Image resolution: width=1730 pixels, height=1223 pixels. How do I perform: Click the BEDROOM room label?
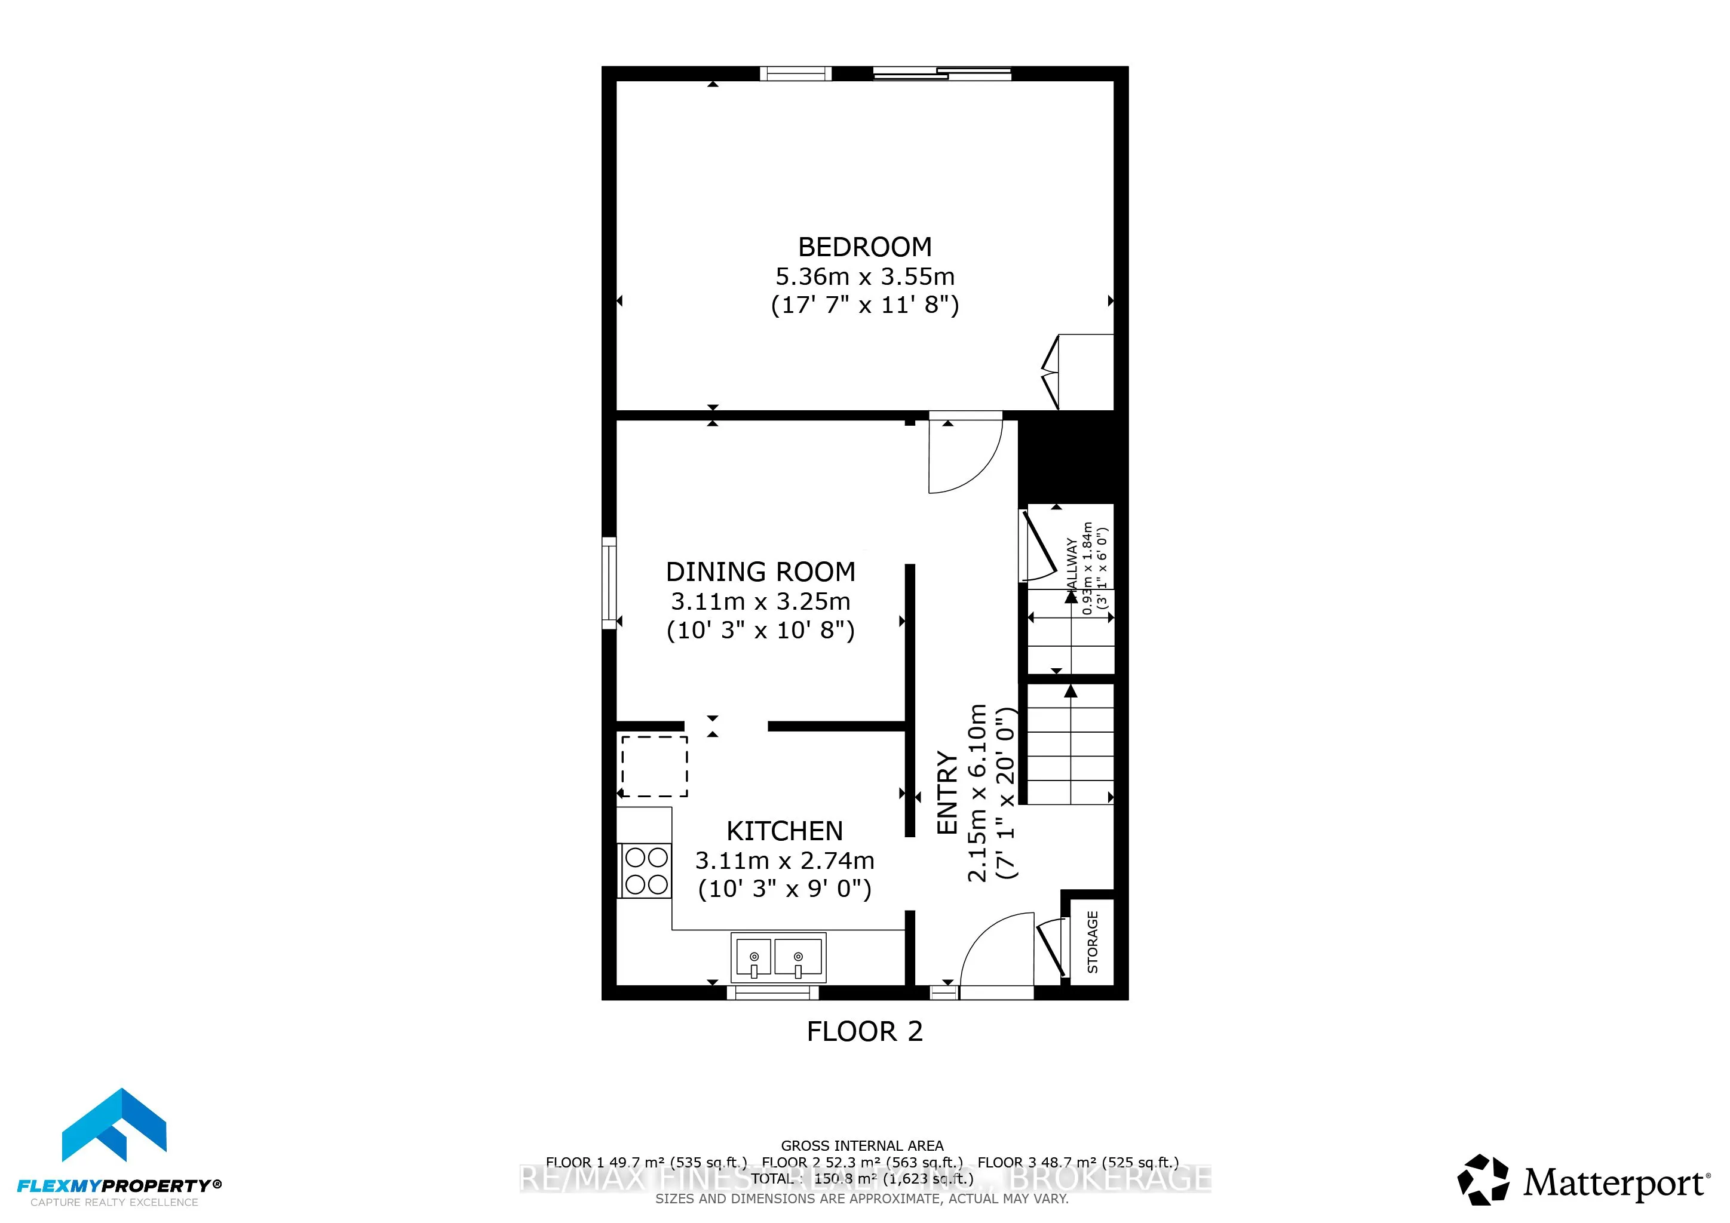(864, 247)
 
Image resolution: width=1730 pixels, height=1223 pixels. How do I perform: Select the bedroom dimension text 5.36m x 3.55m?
(864, 277)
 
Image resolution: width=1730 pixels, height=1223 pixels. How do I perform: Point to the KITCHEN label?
(784, 831)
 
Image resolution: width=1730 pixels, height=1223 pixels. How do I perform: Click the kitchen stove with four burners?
(646, 871)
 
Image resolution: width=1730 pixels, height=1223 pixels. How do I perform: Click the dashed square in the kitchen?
(654, 766)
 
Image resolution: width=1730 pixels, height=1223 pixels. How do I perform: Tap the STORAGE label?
(1093, 941)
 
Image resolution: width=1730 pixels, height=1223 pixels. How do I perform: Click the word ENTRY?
(946, 792)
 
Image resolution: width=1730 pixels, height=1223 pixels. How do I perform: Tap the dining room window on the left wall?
(609, 583)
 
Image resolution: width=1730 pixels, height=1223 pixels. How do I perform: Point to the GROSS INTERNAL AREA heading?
(862, 1145)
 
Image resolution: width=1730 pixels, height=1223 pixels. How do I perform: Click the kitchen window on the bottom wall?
(772, 993)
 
